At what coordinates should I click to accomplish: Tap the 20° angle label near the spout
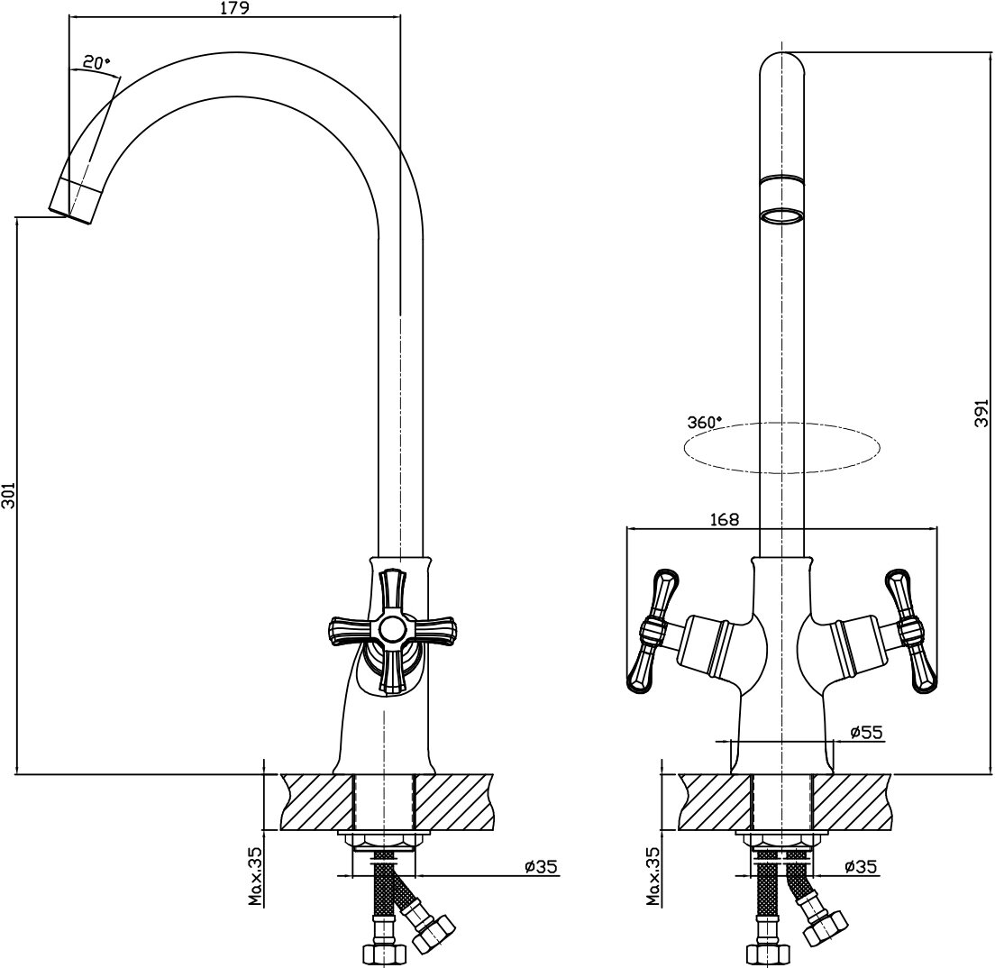96,63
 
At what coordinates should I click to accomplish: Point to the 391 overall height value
982,416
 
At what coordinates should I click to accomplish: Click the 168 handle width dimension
724,519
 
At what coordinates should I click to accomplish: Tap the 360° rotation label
705,422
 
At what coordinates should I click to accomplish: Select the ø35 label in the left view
541,867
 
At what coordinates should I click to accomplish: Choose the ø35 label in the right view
862,867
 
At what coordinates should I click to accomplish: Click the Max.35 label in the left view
257,876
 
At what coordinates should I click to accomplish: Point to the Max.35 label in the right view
653,876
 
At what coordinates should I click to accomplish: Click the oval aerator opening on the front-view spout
781,215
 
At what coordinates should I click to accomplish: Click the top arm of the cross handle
393,590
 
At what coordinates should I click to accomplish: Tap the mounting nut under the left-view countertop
383,841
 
